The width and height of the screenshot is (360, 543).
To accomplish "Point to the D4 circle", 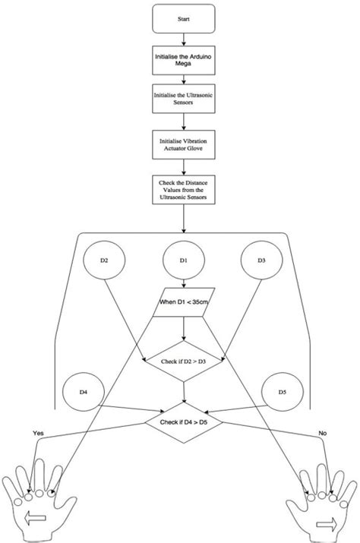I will pos(84,393).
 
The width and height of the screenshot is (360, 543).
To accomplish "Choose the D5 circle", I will pos(284,393).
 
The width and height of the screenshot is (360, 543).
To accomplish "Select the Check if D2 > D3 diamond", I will pos(185,360).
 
